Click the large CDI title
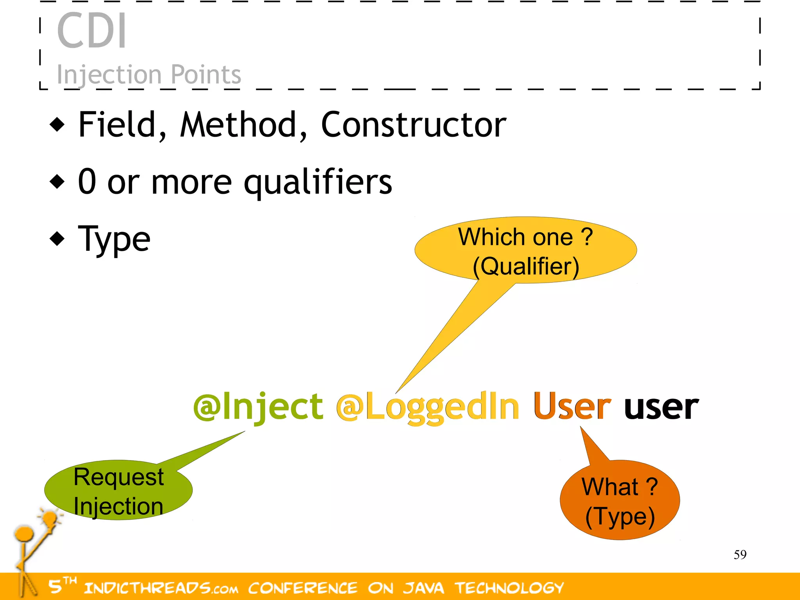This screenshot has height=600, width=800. point(92,31)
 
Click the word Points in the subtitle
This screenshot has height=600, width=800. point(206,74)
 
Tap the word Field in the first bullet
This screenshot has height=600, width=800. point(117,125)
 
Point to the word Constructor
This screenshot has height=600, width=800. point(413,125)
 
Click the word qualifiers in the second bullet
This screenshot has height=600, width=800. point(318,182)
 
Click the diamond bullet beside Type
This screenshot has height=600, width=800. point(57,239)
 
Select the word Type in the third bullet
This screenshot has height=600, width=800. point(114,239)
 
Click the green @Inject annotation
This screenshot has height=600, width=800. point(258,407)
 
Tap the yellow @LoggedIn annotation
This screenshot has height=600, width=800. point(428,407)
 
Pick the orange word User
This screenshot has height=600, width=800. point(572,407)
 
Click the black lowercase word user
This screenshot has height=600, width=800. point(661,407)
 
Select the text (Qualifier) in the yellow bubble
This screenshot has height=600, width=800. point(526,267)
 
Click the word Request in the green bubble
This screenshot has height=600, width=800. point(119,477)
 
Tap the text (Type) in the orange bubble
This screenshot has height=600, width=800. point(620,516)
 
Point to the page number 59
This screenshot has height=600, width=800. point(740,554)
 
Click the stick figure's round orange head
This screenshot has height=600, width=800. point(24,534)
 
